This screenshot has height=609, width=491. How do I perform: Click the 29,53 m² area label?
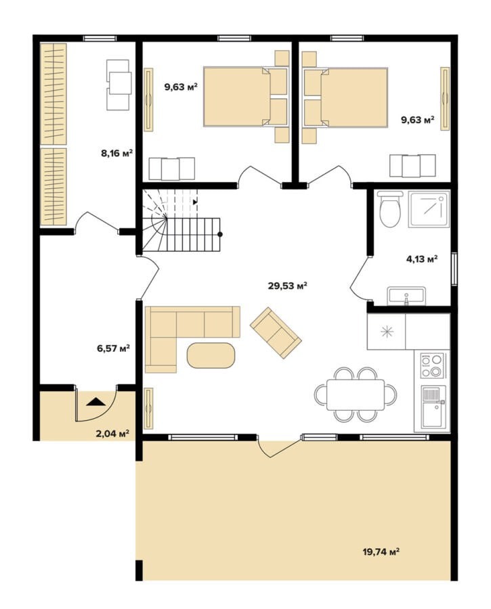pyautogui.click(x=288, y=286)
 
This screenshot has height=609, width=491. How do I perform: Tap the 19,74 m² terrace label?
pyautogui.click(x=381, y=551)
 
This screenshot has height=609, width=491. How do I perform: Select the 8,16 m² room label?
pyautogui.click(x=117, y=153)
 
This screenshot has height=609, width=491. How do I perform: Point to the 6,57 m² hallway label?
pyautogui.click(x=113, y=348)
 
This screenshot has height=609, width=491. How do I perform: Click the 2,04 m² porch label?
pyautogui.click(x=112, y=434)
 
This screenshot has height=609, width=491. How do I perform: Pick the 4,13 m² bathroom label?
pyautogui.click(x=422, y=258)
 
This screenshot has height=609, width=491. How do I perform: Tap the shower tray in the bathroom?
pyautogui.click(x=429, y=209)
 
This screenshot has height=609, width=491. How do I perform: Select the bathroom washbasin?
pyautogui.click(x=406, y=296)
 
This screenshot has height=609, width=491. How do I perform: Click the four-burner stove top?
pyautogui.click(x=432, y=366)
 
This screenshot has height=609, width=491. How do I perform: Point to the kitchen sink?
pyautogui.click(x=432, y=407)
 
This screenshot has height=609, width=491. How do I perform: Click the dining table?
pyautogui.click(x=356, y=394)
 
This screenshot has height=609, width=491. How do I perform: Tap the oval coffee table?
pyautogui.click(x=211, y=355)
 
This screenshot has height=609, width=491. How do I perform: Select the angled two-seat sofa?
pyautogui.click(x=275, y=333)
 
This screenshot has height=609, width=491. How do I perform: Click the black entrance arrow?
pyautogui.click(x=95, y=402)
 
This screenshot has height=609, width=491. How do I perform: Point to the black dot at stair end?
pyautogui.click(x=220, y=234)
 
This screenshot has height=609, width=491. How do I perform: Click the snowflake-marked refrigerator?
pyautogui.click(x=387, y=332)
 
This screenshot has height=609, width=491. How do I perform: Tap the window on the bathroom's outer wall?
pyautogui.click(x=454, y=269)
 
